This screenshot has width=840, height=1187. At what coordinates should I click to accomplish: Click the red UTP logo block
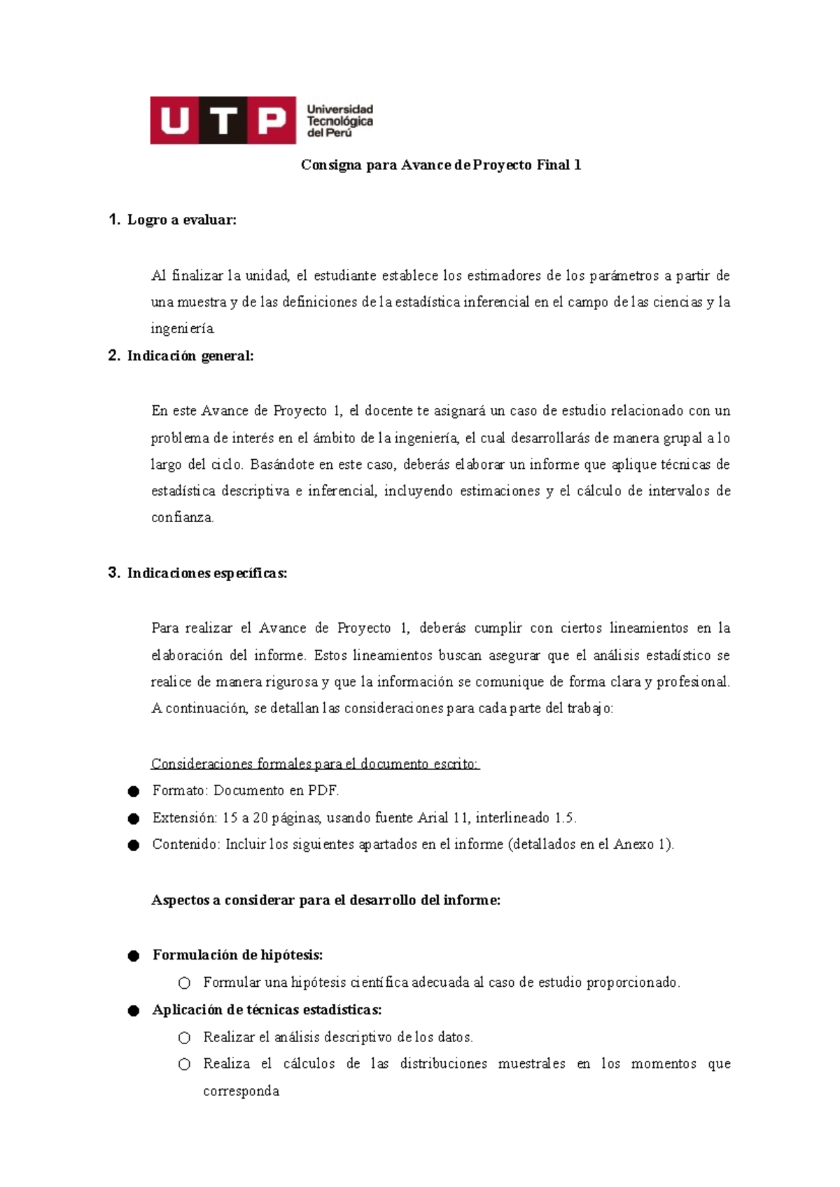pyautogui.click(x=223, y=120)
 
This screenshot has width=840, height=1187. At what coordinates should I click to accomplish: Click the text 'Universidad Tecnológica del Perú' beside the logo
pyautogui.click(x=340, y=121)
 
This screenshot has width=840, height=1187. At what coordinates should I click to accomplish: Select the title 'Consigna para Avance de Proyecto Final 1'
pyautogui.click(x=441, y=165)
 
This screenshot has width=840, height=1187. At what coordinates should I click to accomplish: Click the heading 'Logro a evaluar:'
pyautogui.click(x=182, y=220)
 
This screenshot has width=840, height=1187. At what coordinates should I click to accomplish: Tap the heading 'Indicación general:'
pyautogui.click(x=190, y=356)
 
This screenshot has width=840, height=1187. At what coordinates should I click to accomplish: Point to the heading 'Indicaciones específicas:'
pyautogui.click(x=207, y=573)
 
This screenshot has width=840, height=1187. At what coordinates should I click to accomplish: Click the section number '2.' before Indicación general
pyautogui.click(x=115, y=356)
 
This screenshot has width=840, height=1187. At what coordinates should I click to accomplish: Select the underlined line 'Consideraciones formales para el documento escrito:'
pyautogui.click(x=315, y=764)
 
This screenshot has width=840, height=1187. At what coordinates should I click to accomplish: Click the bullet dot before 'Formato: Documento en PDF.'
pyautogui.click(x=134, y=792)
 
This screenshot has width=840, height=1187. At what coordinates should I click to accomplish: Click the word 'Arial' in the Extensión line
pyautogui.click(x=433, y=817)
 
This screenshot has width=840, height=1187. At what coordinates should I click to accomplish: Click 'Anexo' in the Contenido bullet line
pyautogui.click(x=633, y=844)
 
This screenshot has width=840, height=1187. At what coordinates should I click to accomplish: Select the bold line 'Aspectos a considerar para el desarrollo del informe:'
pyautogui.click(x=326, y=900)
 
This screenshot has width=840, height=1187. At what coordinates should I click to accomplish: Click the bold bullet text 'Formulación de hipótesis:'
pyautogui.click(x=238, y=955)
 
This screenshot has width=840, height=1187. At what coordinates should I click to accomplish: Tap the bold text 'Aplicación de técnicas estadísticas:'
pyautogui.click(x=267, y=1009)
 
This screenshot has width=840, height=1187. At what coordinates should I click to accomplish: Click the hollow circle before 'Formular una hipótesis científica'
pyautogui.click(x=184, y=983)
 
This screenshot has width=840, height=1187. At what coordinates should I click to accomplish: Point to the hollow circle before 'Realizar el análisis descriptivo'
pyautogui.click(x=184, y=1038)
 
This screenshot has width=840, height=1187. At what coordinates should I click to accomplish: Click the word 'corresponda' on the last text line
pyautogui.click(x=241, y=1091)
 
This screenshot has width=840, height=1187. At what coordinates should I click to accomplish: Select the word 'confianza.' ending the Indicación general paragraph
pyautogui.click(x=183, y=518)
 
